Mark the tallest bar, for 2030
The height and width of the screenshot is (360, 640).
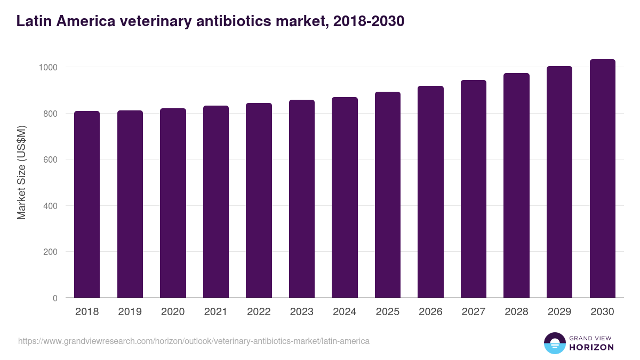602,179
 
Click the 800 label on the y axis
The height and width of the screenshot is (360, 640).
50,114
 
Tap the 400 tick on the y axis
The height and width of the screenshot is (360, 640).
50,206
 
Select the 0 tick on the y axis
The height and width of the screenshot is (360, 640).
55,298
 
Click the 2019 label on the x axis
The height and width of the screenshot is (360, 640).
130,312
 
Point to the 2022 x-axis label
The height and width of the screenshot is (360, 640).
259,312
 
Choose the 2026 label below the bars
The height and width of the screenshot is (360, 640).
430,312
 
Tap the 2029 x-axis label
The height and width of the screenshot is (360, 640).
559,312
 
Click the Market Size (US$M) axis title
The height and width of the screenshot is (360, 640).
21,172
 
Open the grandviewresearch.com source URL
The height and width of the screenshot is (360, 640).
194,341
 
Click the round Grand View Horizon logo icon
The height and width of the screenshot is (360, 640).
554,343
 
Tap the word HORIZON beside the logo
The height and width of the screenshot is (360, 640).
591,347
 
